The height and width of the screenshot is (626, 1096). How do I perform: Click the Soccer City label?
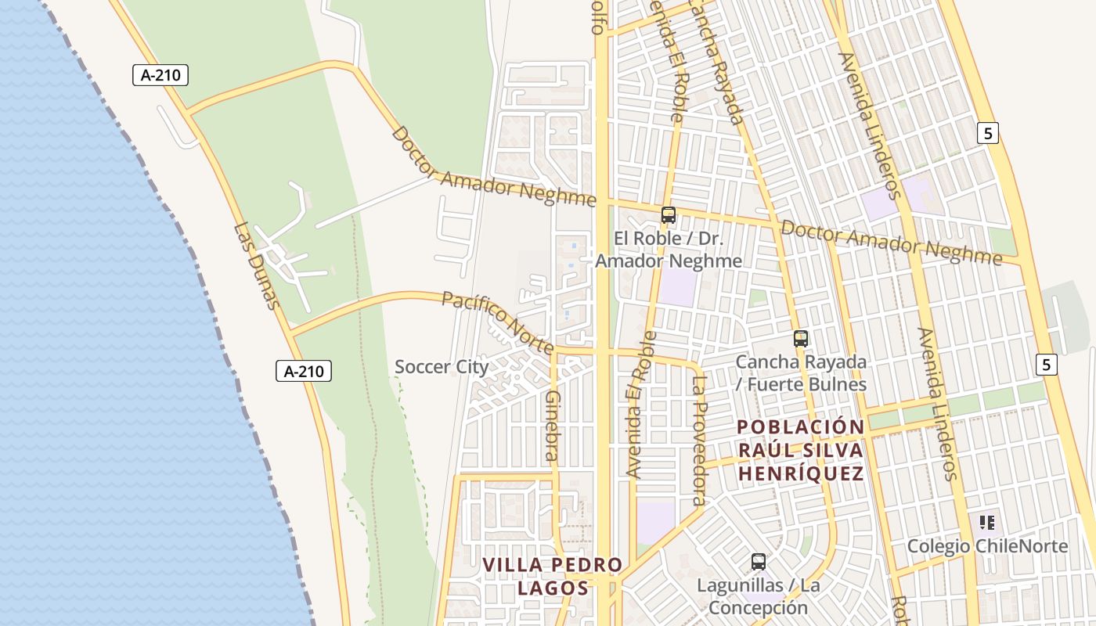click(442, 366)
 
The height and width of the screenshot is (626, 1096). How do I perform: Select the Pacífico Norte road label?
click(498, 322)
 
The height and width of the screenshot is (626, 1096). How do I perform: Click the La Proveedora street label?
click(699, 441)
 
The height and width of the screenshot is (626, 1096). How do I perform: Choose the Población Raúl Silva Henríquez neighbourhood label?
click(801, 450)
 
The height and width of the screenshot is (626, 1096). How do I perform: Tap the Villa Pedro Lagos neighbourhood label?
click(552, 576)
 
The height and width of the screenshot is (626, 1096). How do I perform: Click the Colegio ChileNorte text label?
click(987, 546)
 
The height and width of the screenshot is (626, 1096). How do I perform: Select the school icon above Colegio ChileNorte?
click(987, 521)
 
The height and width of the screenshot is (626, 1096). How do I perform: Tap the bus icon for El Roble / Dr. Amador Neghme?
click(668, 214)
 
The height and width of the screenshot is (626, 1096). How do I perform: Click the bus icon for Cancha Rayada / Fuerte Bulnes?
click(800, 339)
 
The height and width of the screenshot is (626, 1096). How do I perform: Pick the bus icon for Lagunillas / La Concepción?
click(758, 561)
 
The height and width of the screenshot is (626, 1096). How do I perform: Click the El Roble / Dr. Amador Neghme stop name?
click(669, 249)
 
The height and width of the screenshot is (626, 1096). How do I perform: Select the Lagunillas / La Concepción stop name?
click(752, 596)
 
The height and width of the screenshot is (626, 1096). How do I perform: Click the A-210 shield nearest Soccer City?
click(304, 371)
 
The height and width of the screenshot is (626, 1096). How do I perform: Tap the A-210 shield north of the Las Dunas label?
click(160, 75)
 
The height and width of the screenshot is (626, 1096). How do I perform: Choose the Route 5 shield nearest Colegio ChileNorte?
click(1046, 364)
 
